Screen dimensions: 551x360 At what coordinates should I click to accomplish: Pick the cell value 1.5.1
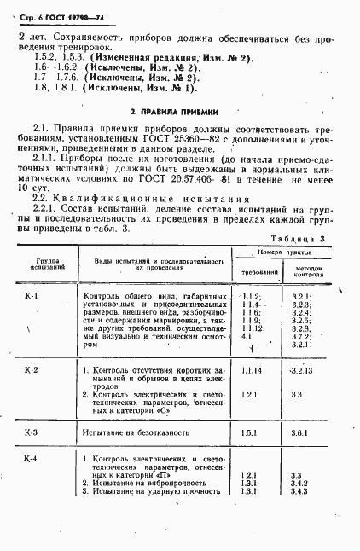(x=250, y=433)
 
